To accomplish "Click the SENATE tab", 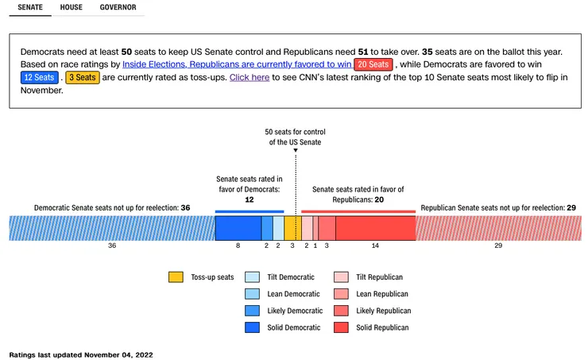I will (x=30, y=8).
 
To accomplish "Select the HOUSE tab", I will (x=72, y=8).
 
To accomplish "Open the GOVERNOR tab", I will (x=118, y=8).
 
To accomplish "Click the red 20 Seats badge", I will (x=373, y=64).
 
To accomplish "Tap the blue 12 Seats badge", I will (x=39, y=78).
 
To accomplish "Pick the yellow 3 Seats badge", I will (x=82, y=78).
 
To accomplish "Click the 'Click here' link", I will (x=249, y=78).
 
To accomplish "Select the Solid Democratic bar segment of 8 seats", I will (x=238, y=228).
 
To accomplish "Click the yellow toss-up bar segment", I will (x=292, y=228).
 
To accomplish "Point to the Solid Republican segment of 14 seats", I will (x=375, y=228).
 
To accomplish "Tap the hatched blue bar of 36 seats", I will (x=112, y=228).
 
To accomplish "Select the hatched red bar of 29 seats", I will (x=498, y=228).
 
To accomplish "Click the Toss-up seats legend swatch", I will (x=176, y=277).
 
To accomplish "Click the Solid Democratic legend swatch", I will (x=252, y=327).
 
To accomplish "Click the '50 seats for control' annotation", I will (x=295, y=137).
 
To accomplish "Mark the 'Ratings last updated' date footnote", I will (x=80, y=354).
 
